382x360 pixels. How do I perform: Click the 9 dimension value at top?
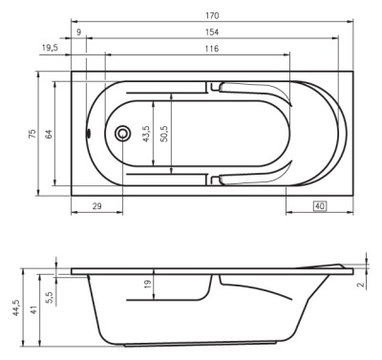(x=78, y=32)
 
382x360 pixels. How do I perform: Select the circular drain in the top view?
(x=122, y=134)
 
